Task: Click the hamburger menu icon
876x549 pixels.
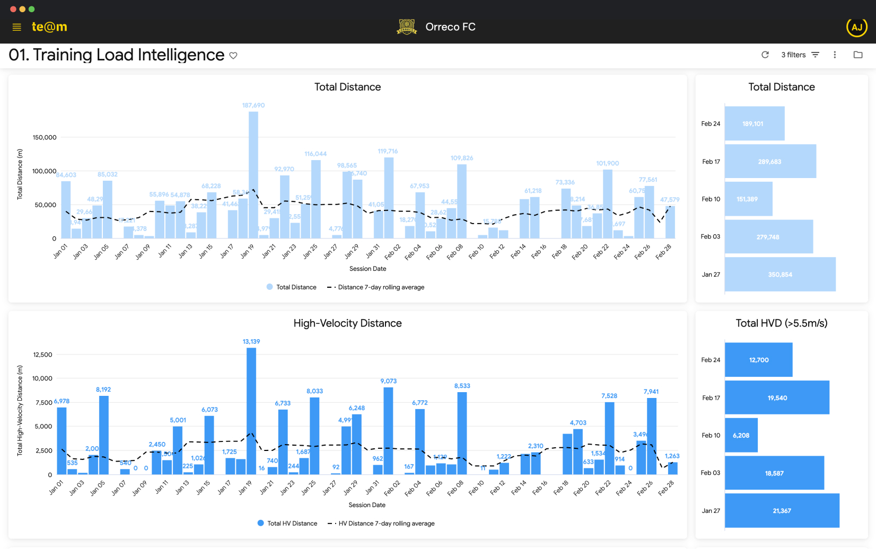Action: (x=16, y=27)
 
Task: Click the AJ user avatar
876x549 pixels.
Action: (x=856, y=27)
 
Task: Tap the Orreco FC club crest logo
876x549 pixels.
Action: (x=407, y=26)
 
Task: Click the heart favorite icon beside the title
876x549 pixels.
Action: (x=233, y=56)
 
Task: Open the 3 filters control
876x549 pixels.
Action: (x=800, y=55)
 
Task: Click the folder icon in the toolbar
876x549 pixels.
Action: (x=857, y=55)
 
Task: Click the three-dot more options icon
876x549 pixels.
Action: (x=835, y=55)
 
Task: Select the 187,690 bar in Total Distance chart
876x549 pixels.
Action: (x=253, y=175)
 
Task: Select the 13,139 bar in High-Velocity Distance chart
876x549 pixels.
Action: (x=251, y=411)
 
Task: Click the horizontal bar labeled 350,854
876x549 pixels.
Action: (x=779, y=274)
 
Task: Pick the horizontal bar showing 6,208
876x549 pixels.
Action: (x=741, y=436)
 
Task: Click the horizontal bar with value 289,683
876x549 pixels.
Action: (x=770, y=162)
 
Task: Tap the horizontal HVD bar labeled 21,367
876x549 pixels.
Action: (x=782, y=511)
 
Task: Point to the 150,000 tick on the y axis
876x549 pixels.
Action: (x=45, y=138)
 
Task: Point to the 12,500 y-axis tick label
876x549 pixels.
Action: (x=42, y=355)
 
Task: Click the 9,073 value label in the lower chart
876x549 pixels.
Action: (x=388, y=381)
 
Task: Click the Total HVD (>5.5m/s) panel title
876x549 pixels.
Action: (x=781, y=323)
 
